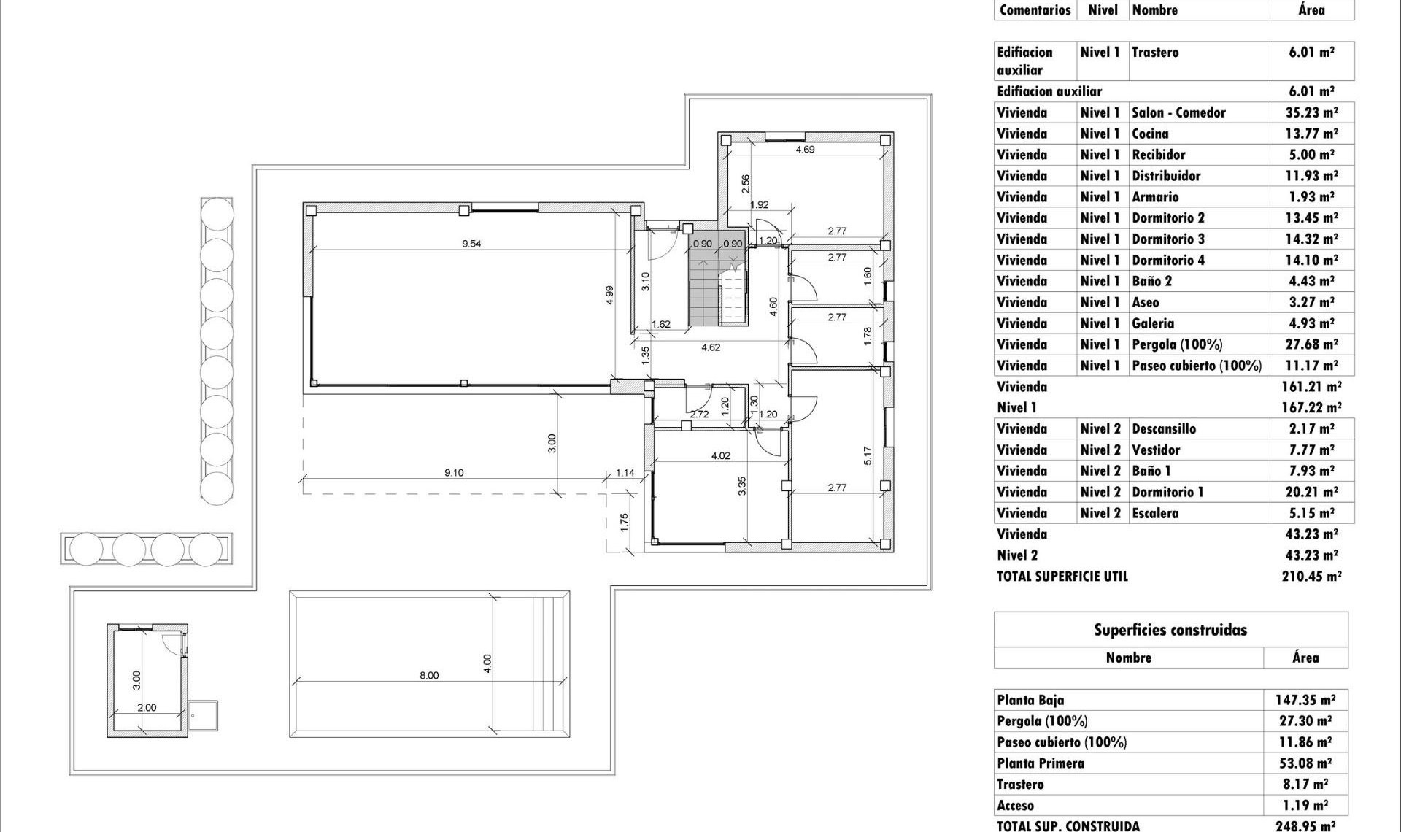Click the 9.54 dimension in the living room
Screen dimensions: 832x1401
click(x=471, y=244)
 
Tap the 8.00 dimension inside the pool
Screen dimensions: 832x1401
click(x=429, y=675)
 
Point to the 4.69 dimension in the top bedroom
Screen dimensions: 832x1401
click(x=805, y=150)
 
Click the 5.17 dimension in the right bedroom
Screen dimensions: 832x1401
click(x=868, y=456)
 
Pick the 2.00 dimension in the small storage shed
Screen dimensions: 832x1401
click(x=147, y=707)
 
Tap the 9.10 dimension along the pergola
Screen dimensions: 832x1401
click(x=454, y=473)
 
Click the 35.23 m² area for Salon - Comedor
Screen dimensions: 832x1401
click(x=1311, y=112)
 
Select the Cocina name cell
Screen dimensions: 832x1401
click(x=1150, y=134)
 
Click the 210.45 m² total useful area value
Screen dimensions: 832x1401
click(x=1311, y=576)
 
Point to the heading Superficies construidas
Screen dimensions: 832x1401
click(x=1170, y=630)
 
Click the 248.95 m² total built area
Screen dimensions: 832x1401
click(x=1305, y=825)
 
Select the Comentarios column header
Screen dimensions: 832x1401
click(x=1035, y=10)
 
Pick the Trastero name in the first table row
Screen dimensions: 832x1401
click(x=1155, y=53)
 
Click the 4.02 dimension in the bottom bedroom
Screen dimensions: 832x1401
click(x=720, y=456)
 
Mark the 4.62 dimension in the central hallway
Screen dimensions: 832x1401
click(x=711, y=347)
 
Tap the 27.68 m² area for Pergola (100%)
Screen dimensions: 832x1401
click(x=1311, y=344)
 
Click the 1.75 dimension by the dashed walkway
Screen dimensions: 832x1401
click(x=623, y=522)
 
